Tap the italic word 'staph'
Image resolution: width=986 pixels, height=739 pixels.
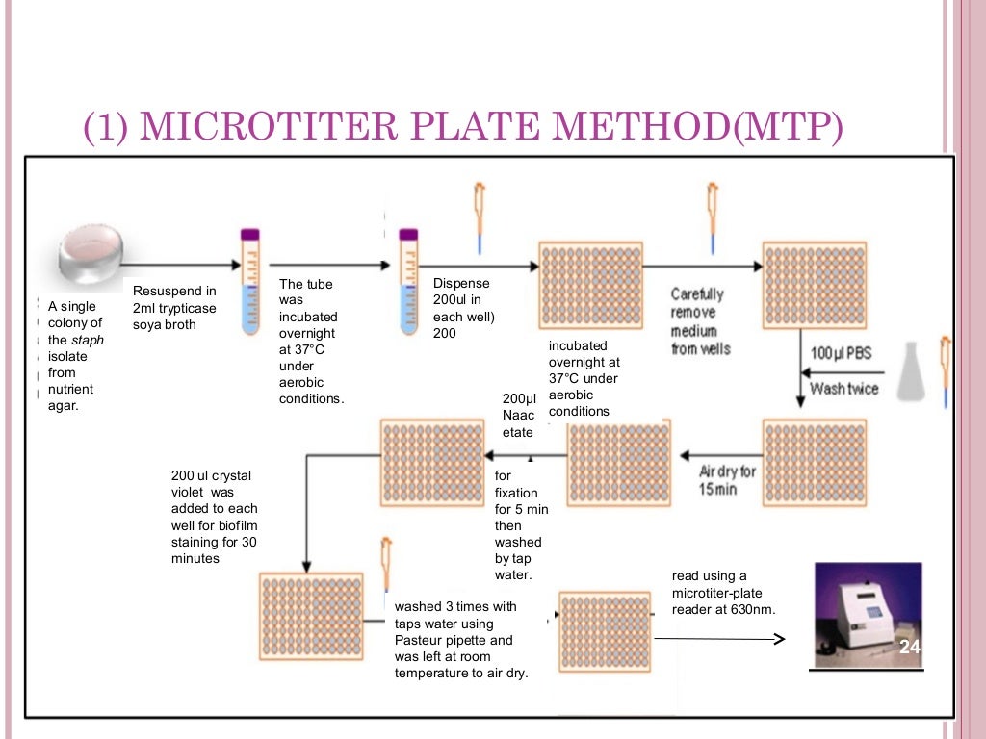pyautogui.click(x=88, y=340)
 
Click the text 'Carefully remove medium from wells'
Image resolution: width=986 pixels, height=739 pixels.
pyautogui.click(x=700, y=320)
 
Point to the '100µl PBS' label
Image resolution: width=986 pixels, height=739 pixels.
pyautogui.click(x=841, y=353)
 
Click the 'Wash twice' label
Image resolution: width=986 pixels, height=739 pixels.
pyautogui.click(x=844, y=389)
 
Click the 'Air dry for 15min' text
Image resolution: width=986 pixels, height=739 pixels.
pyautogui.click(x=727, y=480)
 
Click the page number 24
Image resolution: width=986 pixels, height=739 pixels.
pyautogui.click(x=909, y=648)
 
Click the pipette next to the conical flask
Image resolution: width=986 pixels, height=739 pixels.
pyautogui.click(x=946, y=369)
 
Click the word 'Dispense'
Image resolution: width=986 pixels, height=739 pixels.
pyautogui.click(x=461, y=283)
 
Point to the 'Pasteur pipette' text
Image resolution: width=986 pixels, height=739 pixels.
pyautogui.click(x=454, y=640)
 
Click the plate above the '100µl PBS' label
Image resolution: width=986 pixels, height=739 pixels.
pyautogui.click(x=809, y=286)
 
